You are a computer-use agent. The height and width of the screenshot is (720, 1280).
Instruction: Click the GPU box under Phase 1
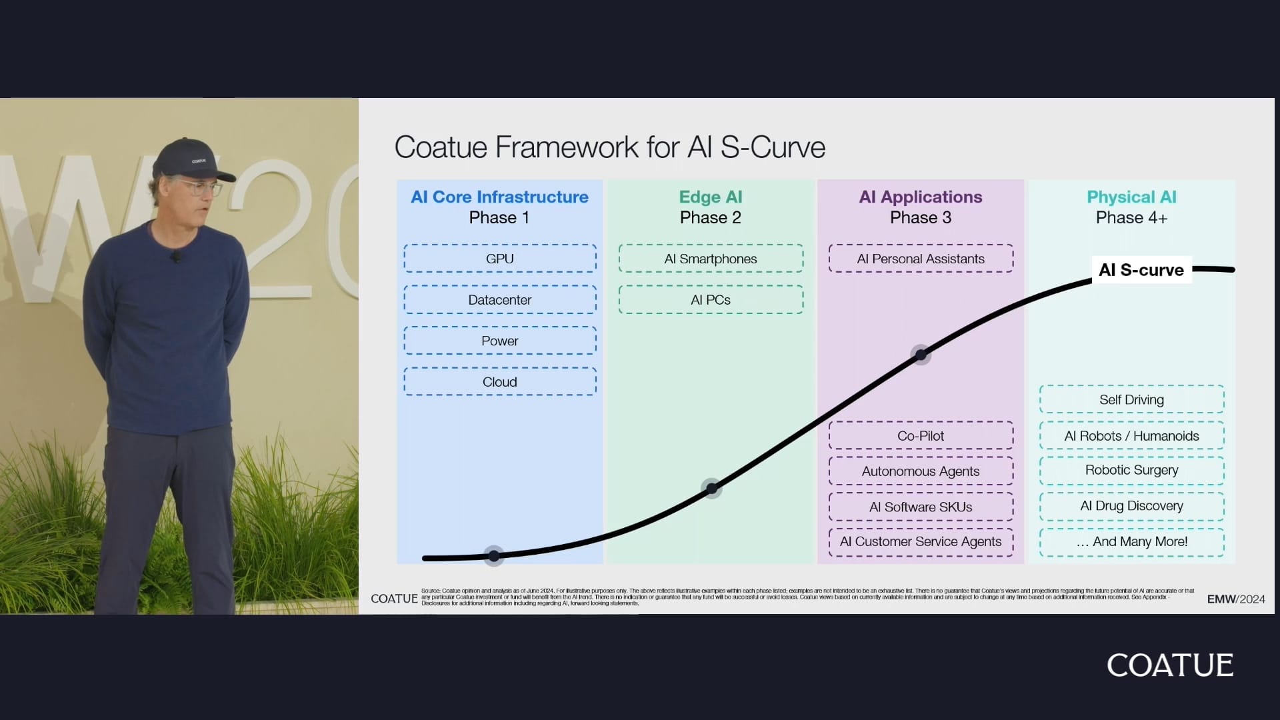click(x=499, y=259)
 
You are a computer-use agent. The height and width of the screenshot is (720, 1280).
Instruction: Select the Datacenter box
click(x=499, y=300)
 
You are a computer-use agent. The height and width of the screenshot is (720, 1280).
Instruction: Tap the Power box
click(x=499, y=341)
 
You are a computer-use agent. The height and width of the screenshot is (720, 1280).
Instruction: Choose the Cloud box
click(x=499, y=382)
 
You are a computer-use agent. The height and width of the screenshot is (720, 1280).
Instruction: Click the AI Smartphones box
click(x=711, y=259)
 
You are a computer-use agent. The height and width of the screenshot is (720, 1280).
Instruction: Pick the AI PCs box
click(x=711, y=300)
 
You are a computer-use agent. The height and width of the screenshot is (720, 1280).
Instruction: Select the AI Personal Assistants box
click(x=921, y=259)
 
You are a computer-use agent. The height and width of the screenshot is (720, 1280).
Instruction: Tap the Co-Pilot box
click(x=921, y=436)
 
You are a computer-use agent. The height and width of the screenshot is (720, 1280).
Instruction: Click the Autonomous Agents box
click(x=921, y=471)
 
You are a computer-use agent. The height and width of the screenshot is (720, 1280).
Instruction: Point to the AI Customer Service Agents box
click(x=921, y=542)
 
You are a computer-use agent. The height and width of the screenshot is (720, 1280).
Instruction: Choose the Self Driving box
click(x=1131, y=400)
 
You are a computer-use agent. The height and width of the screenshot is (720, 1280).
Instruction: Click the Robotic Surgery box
click(x=1131, y=470)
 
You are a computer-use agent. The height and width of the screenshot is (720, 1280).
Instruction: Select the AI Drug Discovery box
click(x=1131, y=506)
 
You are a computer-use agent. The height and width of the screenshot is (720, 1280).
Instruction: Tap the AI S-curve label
click(x=1141, y=270)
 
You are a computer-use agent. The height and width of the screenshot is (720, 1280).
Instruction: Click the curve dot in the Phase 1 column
click(x=494, y=555)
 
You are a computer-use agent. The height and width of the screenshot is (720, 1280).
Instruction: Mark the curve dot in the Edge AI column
click(x=712, y=489)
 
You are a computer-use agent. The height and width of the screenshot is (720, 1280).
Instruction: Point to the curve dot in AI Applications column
click(x=921, y=355)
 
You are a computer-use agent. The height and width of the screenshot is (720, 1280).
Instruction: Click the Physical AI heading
click(x=1131, y=197)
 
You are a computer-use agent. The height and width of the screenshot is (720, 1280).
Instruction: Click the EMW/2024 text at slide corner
click(x=1235, y=599)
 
